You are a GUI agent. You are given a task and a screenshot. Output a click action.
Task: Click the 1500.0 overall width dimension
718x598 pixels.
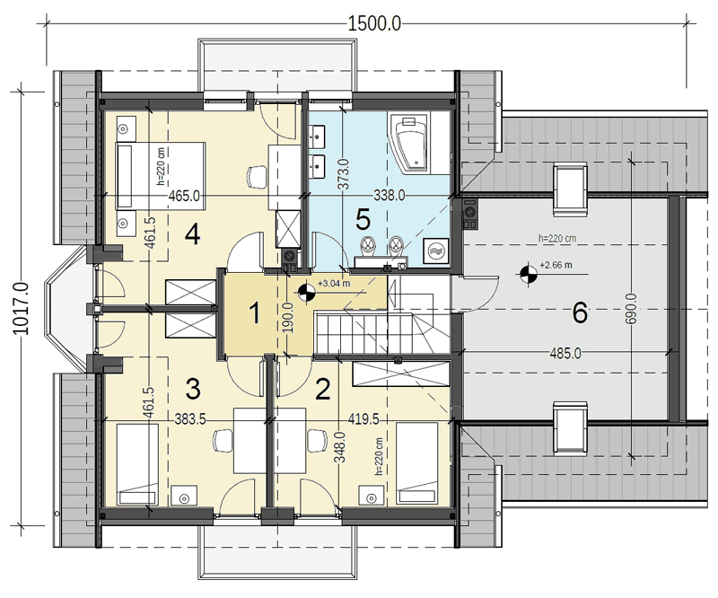374,23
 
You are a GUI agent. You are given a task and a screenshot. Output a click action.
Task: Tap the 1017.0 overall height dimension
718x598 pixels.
21,308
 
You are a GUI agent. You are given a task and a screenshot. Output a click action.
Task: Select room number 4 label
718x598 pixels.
192,235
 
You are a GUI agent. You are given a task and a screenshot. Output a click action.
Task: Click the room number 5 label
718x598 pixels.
363,220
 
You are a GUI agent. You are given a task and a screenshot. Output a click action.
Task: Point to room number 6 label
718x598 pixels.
580,313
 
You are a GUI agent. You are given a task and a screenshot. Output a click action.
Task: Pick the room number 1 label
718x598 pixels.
255,314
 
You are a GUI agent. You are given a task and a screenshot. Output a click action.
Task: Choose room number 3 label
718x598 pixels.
193,389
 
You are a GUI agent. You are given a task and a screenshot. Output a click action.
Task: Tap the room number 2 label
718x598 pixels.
323,390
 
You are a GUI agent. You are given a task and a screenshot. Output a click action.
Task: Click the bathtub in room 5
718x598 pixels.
410,143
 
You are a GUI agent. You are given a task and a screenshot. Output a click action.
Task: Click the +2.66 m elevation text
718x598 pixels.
556,265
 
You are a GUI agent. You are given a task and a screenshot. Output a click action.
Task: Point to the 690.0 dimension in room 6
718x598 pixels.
632,309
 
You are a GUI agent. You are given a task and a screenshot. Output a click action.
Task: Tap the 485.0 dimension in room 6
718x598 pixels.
565,353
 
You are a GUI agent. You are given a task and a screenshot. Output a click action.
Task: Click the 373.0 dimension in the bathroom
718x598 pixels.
345,174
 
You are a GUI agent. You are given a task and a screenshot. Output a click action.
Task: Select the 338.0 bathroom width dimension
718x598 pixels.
390,196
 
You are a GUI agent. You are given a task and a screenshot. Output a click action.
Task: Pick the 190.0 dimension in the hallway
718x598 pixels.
288,318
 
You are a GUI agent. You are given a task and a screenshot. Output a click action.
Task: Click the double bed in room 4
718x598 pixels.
160,176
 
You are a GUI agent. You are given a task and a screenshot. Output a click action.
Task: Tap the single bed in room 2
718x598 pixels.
416,463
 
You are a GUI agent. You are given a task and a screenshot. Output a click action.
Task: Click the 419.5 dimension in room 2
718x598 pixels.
363,418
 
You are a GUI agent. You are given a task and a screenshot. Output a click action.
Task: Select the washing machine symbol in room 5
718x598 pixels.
436,251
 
